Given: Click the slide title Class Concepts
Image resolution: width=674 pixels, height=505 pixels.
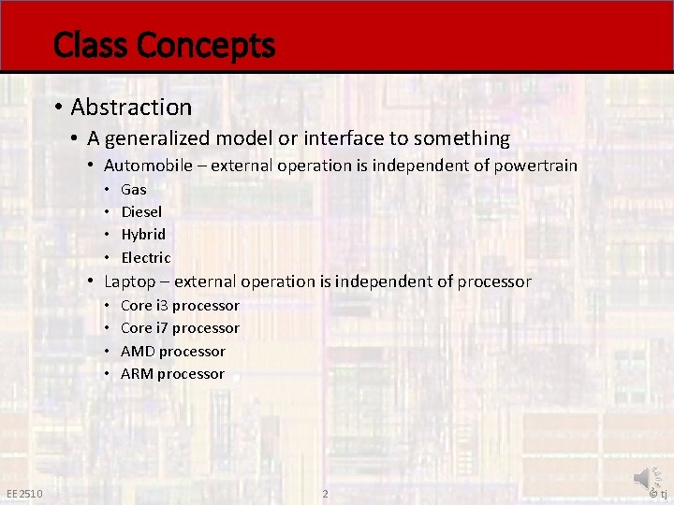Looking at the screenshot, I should (164, 45).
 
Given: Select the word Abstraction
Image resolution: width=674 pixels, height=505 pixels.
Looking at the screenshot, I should (131, 108).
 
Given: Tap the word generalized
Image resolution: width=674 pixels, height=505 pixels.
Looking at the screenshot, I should (158, 139).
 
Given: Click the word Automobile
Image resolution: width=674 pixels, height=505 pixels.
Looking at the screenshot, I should (154, 166).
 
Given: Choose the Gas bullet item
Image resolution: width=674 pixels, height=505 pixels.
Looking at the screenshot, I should (134, 189).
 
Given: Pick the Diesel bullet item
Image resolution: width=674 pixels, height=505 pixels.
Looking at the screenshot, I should (141, 211).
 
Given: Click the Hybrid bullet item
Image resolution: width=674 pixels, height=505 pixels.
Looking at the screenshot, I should (143, 234).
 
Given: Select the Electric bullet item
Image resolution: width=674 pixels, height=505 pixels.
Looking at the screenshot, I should (146, 257).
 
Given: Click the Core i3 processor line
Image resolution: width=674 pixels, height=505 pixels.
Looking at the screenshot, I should (180, 306).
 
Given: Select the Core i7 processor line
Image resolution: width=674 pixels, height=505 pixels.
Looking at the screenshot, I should (180, 328).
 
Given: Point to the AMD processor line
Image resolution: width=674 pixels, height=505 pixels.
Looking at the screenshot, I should (173, 352).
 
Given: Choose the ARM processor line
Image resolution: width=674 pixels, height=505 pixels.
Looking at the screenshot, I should (172, 374).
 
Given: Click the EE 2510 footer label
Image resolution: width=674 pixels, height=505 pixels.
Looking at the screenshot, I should (23, 494).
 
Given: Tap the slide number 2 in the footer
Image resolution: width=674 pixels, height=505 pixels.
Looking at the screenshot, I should (325, 494).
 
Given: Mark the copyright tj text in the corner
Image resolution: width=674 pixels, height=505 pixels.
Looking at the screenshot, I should (658, 494).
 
